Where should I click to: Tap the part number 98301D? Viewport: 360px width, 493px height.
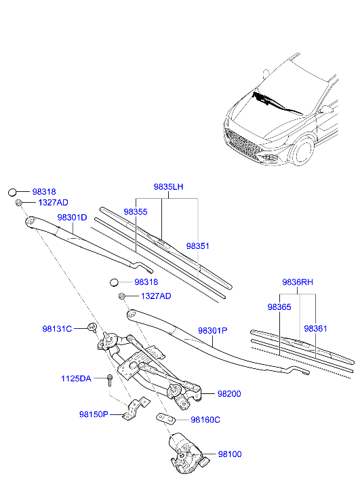pos(72,218)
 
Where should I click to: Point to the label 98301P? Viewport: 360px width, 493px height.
pos(213,331)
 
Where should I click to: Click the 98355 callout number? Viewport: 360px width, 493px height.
pos(136,212)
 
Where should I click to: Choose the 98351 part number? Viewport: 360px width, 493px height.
pos(199,246)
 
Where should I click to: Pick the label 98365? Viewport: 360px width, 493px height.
pos(279,307)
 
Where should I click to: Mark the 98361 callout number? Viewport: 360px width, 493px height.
pos(315,328)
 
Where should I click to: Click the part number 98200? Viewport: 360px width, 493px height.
pos(229,393)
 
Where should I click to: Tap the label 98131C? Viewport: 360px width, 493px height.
pos(57,329)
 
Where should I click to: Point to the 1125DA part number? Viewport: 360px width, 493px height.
pos(76,378)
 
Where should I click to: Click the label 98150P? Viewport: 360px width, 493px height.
pos(94,414)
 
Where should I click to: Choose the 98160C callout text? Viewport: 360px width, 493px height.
pos(205,420)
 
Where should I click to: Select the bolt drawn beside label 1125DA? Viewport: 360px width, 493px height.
pos(108,379)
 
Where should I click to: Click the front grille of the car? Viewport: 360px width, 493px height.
pos(243,140)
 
